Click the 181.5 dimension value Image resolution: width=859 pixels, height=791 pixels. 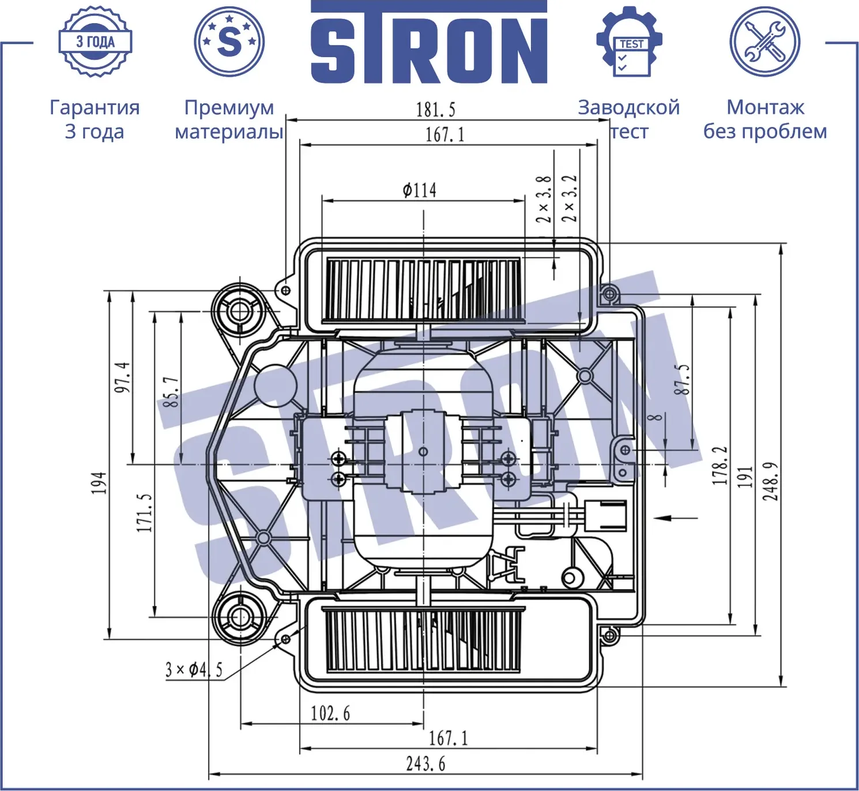click(435, 110)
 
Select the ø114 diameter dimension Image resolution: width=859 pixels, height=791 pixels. click(420, 190)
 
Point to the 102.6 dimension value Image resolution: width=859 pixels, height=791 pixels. click(330, 714)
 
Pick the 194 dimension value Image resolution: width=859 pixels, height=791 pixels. click(99, 483)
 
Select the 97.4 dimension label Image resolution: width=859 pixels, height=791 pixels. click(122, 377)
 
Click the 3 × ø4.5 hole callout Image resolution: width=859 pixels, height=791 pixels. click(194, 669)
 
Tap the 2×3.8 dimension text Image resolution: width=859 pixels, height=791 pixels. click(544, 199)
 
